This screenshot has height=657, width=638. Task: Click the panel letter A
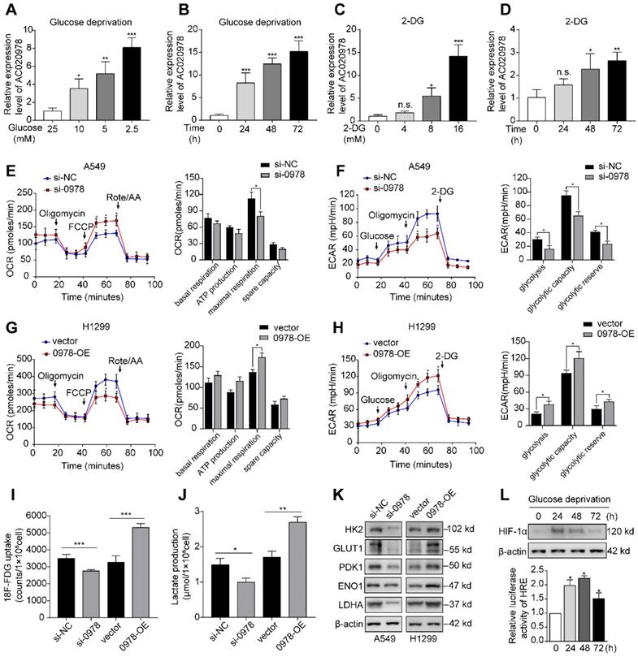pyautogui.click(x=11, y=10)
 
